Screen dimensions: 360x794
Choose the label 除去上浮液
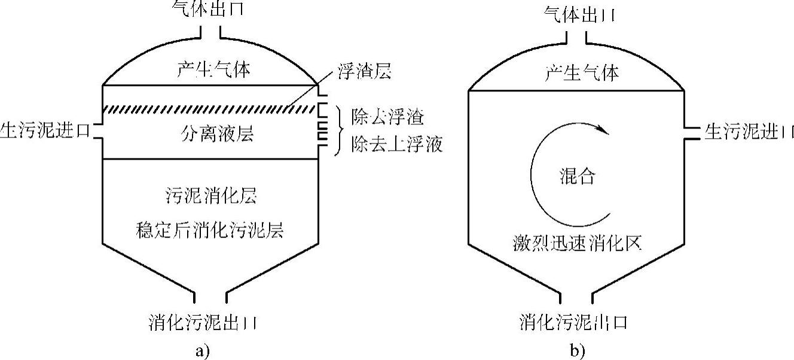(397, 145)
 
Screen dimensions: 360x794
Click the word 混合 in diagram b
(577, 176)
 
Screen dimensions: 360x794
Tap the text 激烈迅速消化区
(577, 243)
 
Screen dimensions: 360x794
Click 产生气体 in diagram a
(205, 69)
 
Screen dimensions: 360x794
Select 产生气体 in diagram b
(582, 73)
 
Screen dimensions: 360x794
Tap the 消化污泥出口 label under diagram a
(204, 323)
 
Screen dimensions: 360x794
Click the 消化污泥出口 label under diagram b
(573, 323)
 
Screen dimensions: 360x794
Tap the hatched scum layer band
(209, 109)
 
